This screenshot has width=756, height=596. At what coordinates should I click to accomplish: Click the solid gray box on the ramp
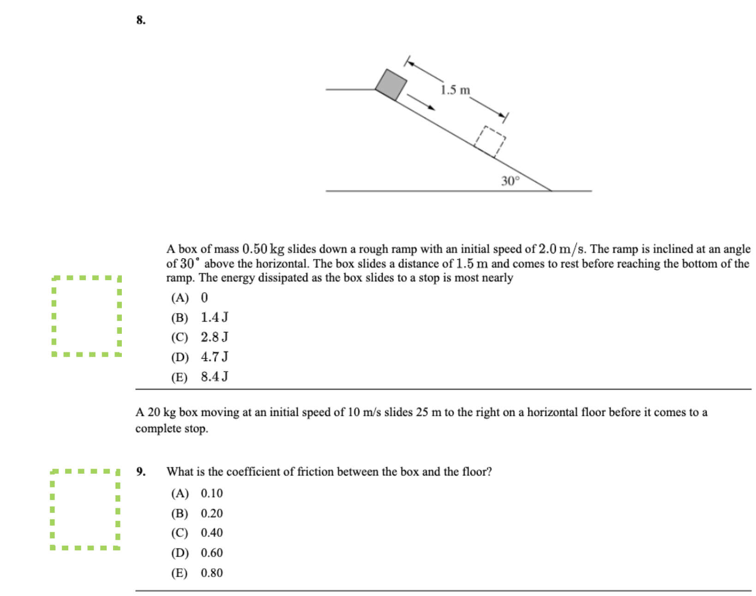point(391,85)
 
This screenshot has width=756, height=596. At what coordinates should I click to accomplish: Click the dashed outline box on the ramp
point(490,142)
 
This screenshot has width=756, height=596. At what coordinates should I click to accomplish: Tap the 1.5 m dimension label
point(455,90)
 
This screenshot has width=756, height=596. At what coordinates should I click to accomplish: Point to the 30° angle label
point(510,181)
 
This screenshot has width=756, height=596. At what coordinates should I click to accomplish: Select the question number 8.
point(141,20)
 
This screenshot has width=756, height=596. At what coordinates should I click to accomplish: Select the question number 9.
point(141,472)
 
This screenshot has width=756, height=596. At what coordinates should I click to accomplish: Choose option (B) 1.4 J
point(200,318)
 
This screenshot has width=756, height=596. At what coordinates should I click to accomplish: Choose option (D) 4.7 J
point(200,357)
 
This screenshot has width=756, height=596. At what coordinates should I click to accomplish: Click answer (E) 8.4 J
point(200,377)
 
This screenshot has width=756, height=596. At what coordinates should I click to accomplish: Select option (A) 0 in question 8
point(190,298)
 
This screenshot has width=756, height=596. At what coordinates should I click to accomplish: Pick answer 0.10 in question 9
point(211,494)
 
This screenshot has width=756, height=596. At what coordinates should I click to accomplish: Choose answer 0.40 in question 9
point(211,533)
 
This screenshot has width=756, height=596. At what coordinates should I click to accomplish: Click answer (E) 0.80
point(197,573)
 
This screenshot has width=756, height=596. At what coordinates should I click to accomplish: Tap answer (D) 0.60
point(197,553)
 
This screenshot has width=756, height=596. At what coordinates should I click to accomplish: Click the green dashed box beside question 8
point(86,316)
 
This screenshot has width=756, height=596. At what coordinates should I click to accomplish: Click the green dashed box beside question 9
point(85,510)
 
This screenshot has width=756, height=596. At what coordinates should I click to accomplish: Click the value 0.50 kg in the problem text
point(263,249)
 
